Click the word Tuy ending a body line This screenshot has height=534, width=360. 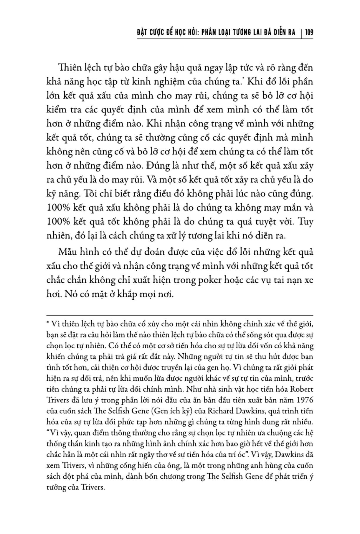306,222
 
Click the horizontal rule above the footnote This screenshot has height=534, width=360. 180,315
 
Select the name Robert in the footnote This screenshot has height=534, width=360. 302,389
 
